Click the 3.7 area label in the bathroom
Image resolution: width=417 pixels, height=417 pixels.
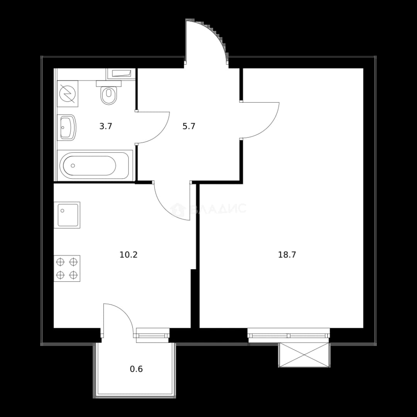[106, 126]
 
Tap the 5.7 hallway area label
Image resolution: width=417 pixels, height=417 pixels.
[189, 126]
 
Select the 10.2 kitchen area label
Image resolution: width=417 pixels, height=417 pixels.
[129, 255]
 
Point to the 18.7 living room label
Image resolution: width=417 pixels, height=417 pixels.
[287, 255]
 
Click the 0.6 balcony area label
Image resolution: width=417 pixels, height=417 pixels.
[136, 369]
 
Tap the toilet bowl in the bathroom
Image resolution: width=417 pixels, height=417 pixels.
[109, 93]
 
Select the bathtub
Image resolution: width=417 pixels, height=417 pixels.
[95, 165]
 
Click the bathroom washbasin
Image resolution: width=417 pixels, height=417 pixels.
[67, 128]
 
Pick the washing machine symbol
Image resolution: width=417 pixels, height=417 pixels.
[68, 93]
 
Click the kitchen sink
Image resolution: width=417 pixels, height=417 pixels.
[67, 215]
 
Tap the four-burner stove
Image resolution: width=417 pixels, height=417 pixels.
[67, 268]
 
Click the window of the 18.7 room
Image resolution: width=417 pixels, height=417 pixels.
[289, 336]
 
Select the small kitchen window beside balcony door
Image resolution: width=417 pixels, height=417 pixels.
[153, 336]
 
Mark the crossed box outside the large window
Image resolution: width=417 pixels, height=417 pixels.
[304, 355]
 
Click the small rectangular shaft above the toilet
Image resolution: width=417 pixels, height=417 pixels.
[121, 74]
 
